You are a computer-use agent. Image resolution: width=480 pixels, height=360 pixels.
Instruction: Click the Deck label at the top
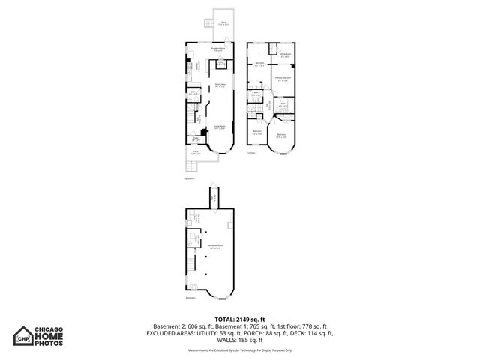click(223, 22)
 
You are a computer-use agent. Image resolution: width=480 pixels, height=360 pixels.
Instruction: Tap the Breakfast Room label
click(219, 50)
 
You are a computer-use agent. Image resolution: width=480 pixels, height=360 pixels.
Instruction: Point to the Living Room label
click(220, 127)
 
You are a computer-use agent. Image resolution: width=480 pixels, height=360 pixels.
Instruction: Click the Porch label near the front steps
click(196, 154)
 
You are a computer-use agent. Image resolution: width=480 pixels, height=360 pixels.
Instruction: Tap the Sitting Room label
click(285, 55)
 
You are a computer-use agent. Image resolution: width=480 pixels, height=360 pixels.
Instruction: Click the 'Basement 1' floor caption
click(189, 179)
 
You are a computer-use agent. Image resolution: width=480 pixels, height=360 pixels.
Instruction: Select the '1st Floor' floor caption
click(251, 153)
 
